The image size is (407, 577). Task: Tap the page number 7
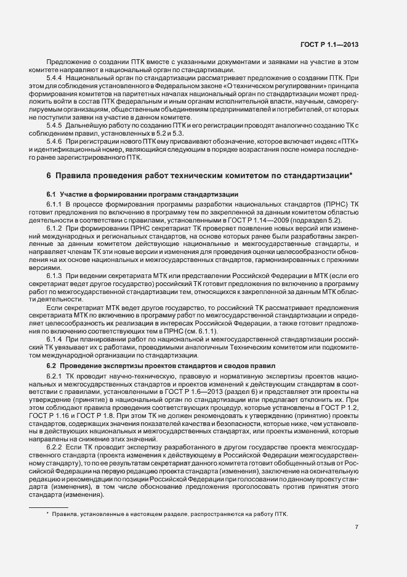[357, 526]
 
